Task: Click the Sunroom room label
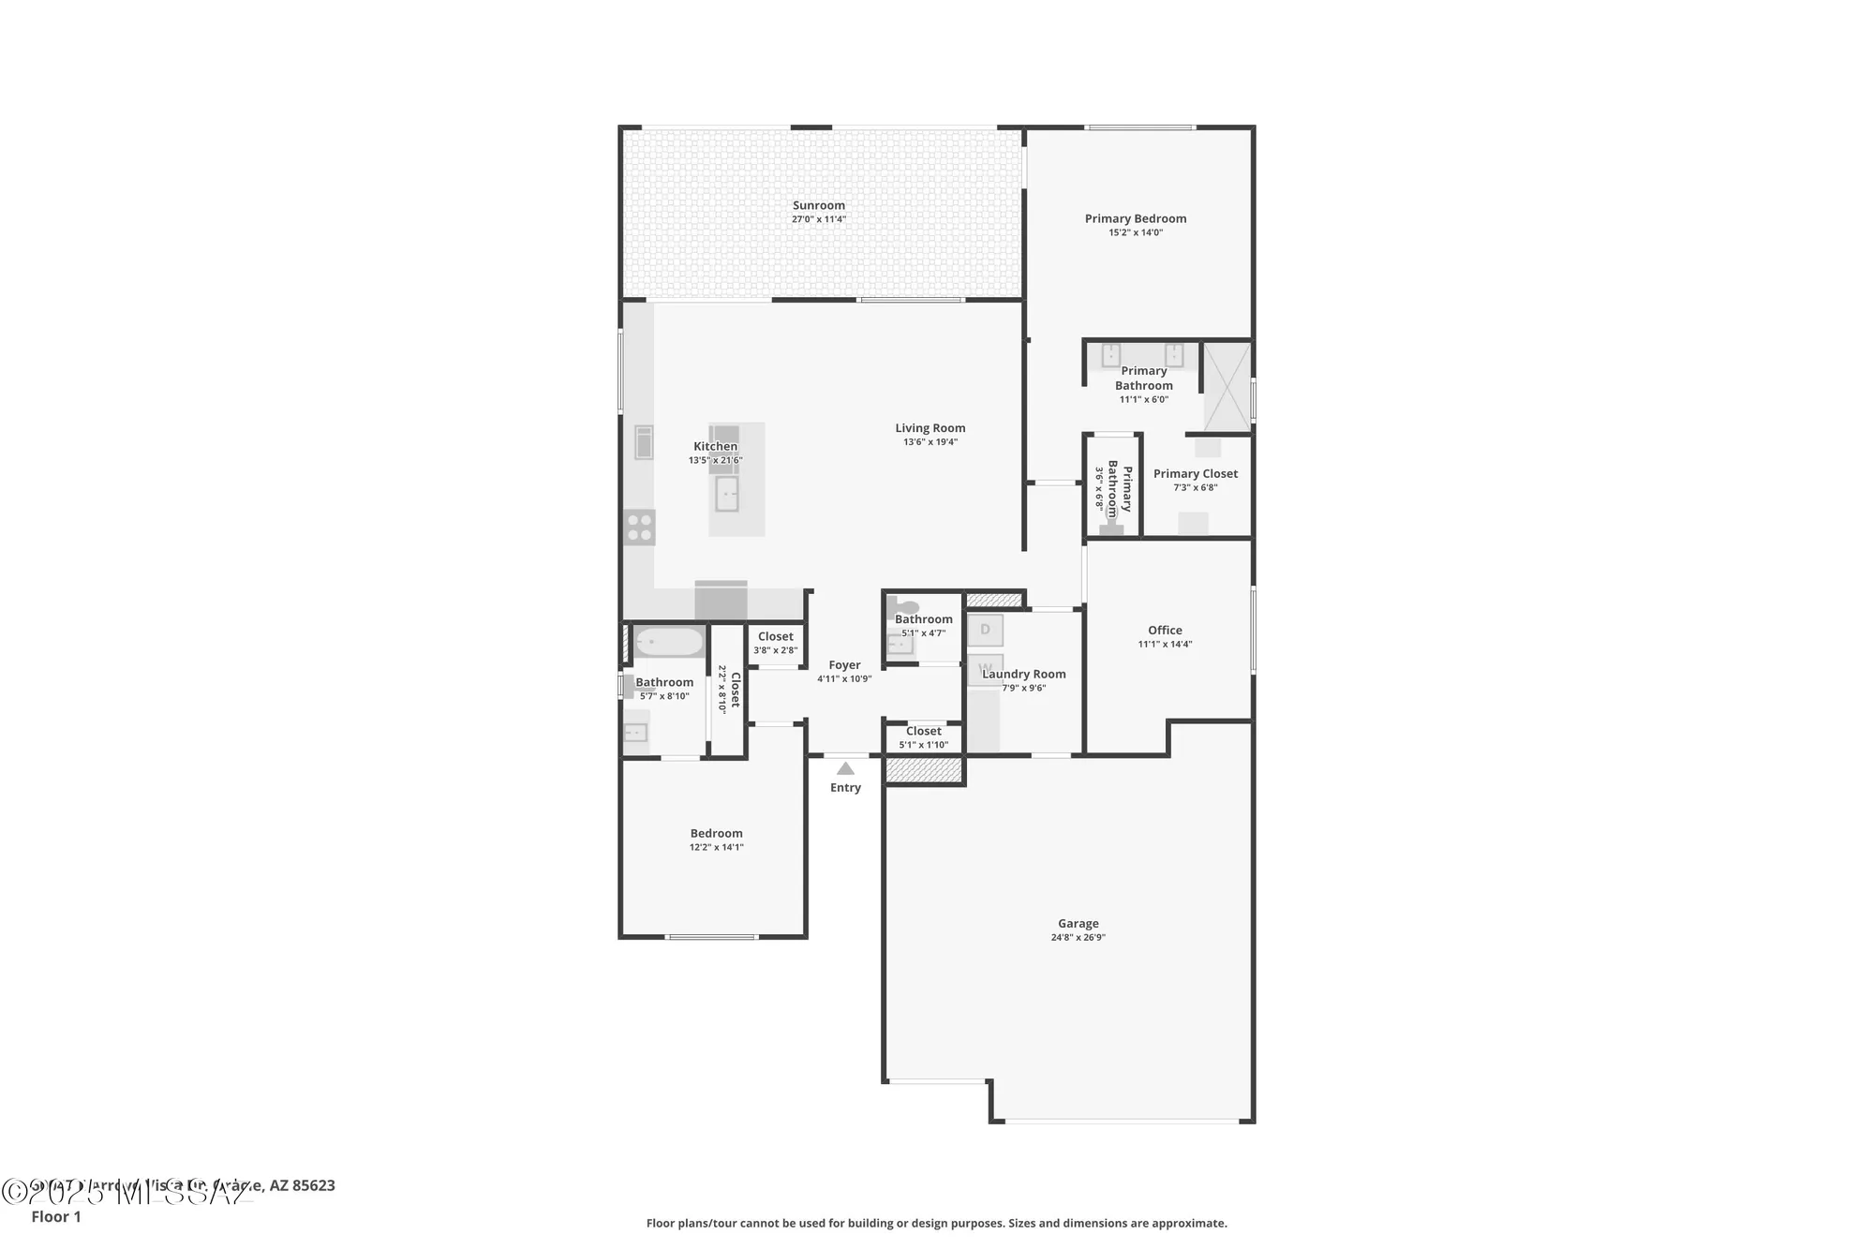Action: click(819, 205)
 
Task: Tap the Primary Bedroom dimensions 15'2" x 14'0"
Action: click(1136, 232)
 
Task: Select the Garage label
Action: click(1078, 923)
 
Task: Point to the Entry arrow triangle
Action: click(845, 768)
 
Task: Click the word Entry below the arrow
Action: click(845, 788)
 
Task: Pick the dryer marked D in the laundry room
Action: click(985, 630)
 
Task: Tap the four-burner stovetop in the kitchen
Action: click(640, 527)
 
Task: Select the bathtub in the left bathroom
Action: click(669, 642)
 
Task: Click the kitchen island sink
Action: click(727, 494)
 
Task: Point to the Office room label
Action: click(1165, 631)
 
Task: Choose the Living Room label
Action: click(930, 428)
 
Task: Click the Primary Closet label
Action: click(1196, 474)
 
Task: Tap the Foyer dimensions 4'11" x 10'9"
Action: click(844, 679)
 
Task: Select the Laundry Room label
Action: click(1024, 674)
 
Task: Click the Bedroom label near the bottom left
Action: click(716, 833)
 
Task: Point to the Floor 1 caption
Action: click(56, 1216)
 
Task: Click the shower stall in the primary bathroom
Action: click(1226, 387)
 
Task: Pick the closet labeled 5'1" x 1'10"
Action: click(924, 737)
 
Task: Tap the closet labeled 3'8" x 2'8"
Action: click(776, 643)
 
